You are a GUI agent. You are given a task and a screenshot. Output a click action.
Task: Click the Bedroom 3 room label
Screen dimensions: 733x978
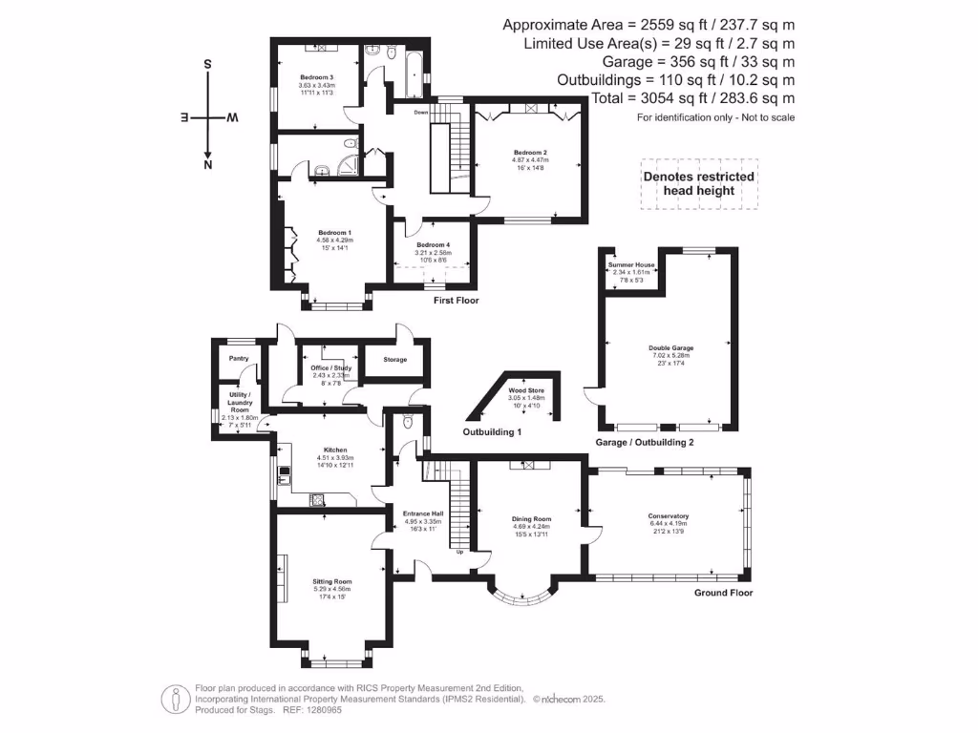coord(316,77)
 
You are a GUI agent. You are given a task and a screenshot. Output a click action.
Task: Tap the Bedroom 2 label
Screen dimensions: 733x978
coord(529,153)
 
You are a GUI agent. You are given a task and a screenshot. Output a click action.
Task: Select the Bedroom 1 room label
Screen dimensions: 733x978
coord(334,233)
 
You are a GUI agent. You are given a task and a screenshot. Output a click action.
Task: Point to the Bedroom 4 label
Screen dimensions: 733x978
coord(433,245)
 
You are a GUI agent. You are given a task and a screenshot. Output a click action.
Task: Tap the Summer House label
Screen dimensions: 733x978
coord(632,264)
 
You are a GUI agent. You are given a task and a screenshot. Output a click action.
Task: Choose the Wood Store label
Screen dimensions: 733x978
coord(524,391)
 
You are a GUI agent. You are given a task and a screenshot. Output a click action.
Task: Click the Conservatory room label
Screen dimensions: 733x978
coord(668,516)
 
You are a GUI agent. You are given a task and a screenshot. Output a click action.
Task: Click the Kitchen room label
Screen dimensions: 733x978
coord(334,450)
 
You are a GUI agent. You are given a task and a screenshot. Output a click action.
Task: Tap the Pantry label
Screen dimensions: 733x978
coord(238,359)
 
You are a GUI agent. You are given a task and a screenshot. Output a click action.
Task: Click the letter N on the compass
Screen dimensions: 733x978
coord(207,165)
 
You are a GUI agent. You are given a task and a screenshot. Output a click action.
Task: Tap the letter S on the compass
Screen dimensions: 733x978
coord(207,65)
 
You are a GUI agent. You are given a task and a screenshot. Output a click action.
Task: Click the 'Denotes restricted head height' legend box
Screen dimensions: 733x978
coord(699,183)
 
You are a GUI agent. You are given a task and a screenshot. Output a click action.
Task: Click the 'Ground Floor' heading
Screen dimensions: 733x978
coord(723,593)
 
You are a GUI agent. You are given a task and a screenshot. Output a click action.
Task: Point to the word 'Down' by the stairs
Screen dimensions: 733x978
coord(420,113)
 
